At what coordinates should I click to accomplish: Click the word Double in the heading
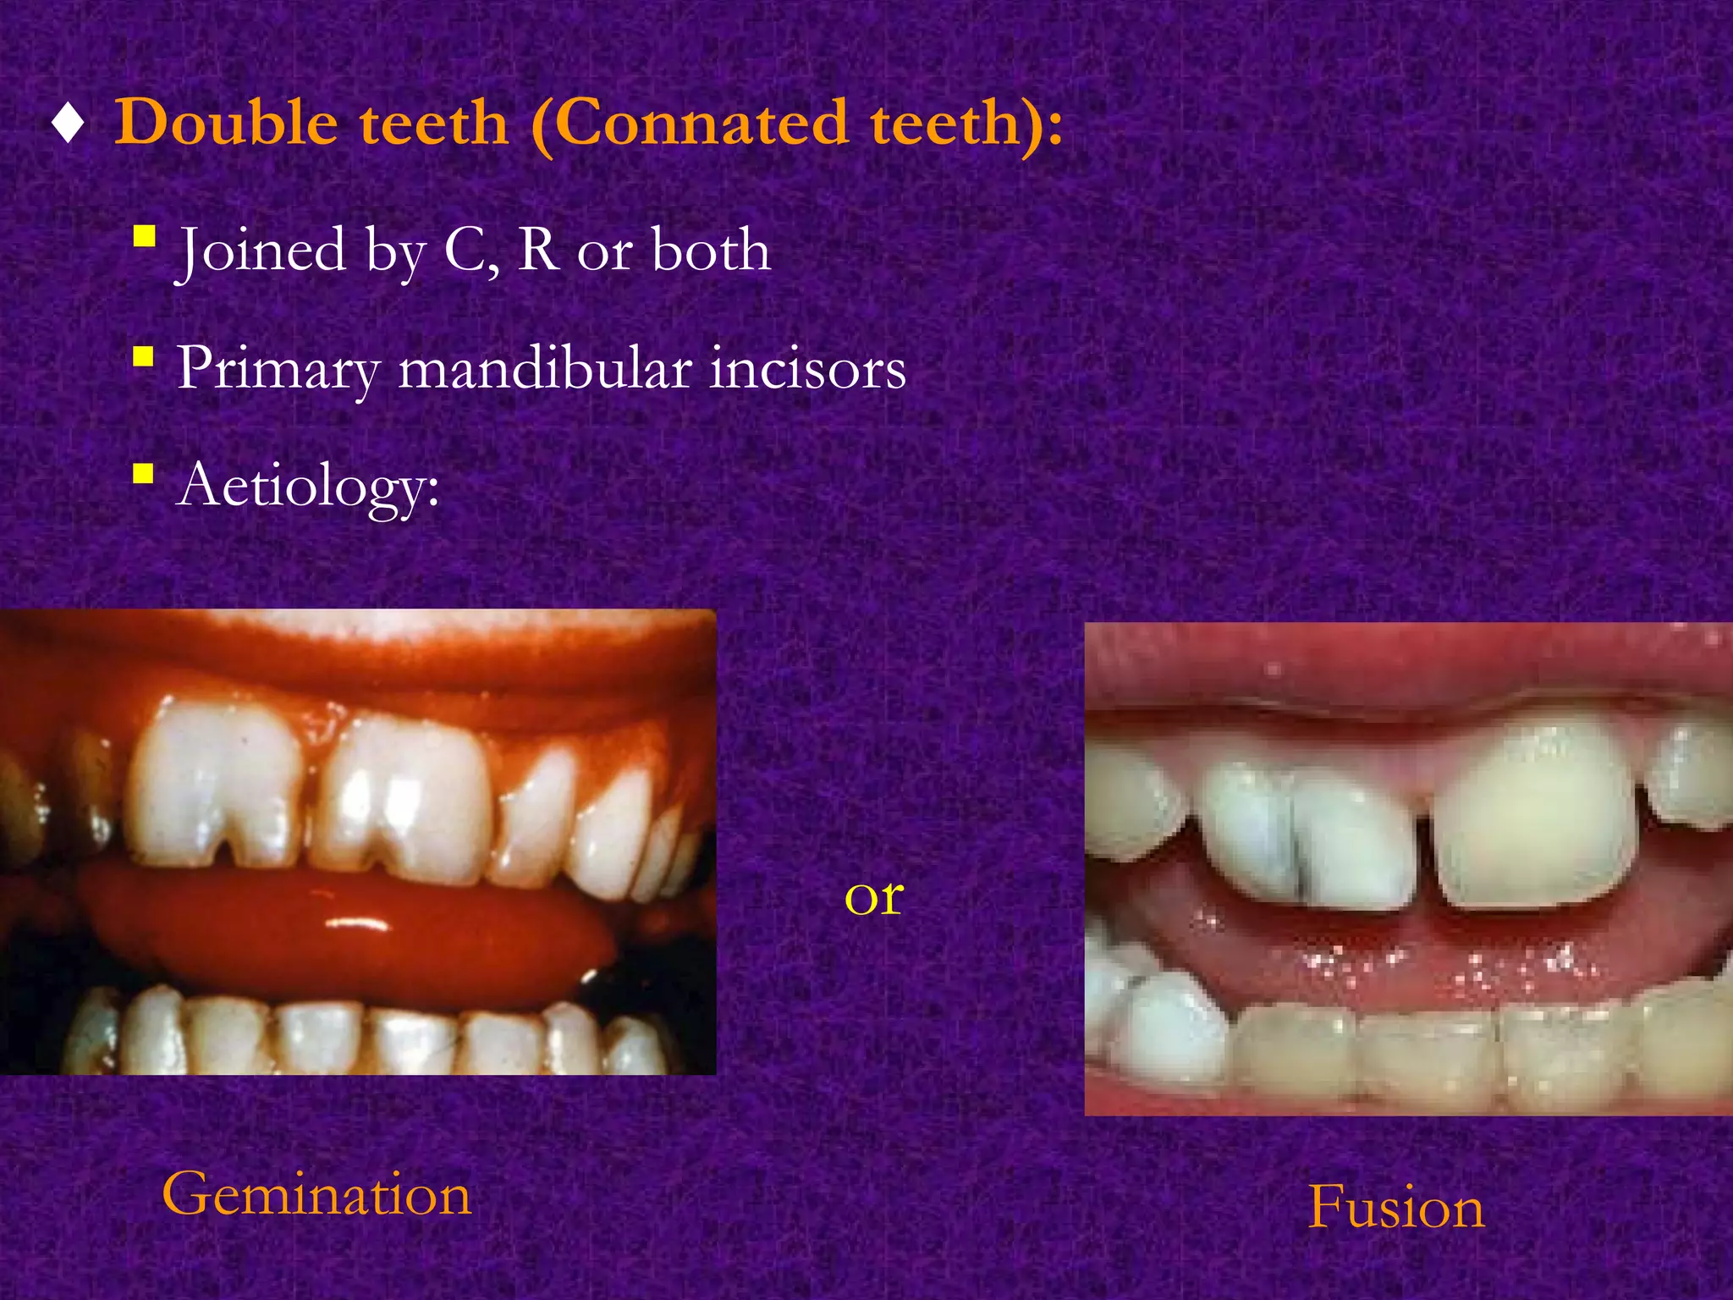[x=227, y=124]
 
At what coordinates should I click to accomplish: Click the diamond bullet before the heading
[x=68, y=125]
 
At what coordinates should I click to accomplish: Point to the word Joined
[x=262, y=252]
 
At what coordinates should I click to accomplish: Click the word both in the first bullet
[x=711, y=251]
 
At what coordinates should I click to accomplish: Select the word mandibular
[x=545, y=369]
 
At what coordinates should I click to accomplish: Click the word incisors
[x=807, y=369]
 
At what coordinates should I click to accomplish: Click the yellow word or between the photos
[x=874, y=897]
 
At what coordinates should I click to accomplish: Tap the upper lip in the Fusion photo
[x=1396, y=669]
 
